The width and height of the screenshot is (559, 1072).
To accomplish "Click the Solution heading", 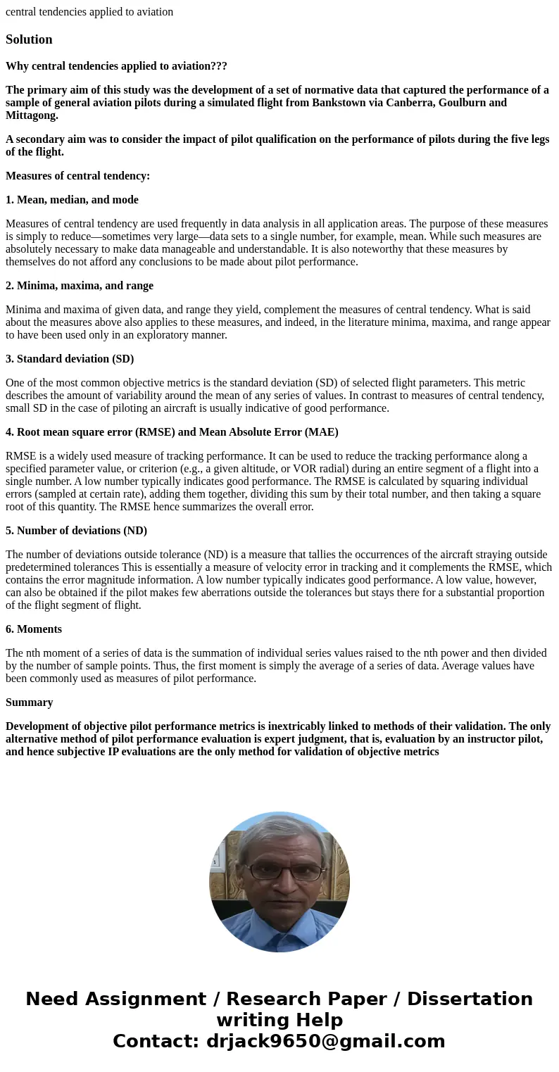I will pos(29,39).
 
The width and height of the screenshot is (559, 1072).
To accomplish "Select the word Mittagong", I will pos(31,115).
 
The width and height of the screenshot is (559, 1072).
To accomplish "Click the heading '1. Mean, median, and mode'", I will pos(72,200).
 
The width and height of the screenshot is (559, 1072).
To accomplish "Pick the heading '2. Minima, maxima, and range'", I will pos(79,286).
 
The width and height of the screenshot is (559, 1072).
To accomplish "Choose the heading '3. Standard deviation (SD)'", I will pos(70,359).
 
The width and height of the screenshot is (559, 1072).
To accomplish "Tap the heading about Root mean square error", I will pos(172,432).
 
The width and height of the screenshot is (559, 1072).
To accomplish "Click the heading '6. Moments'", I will pos(34,629).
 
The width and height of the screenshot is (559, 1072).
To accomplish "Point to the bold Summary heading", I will pos(29,702).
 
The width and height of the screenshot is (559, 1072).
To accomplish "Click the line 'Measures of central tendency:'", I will pos(77,176).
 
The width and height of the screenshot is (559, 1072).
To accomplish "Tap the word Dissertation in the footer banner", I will pos(470,999).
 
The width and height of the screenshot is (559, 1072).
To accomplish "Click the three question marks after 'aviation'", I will pos(217,66).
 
